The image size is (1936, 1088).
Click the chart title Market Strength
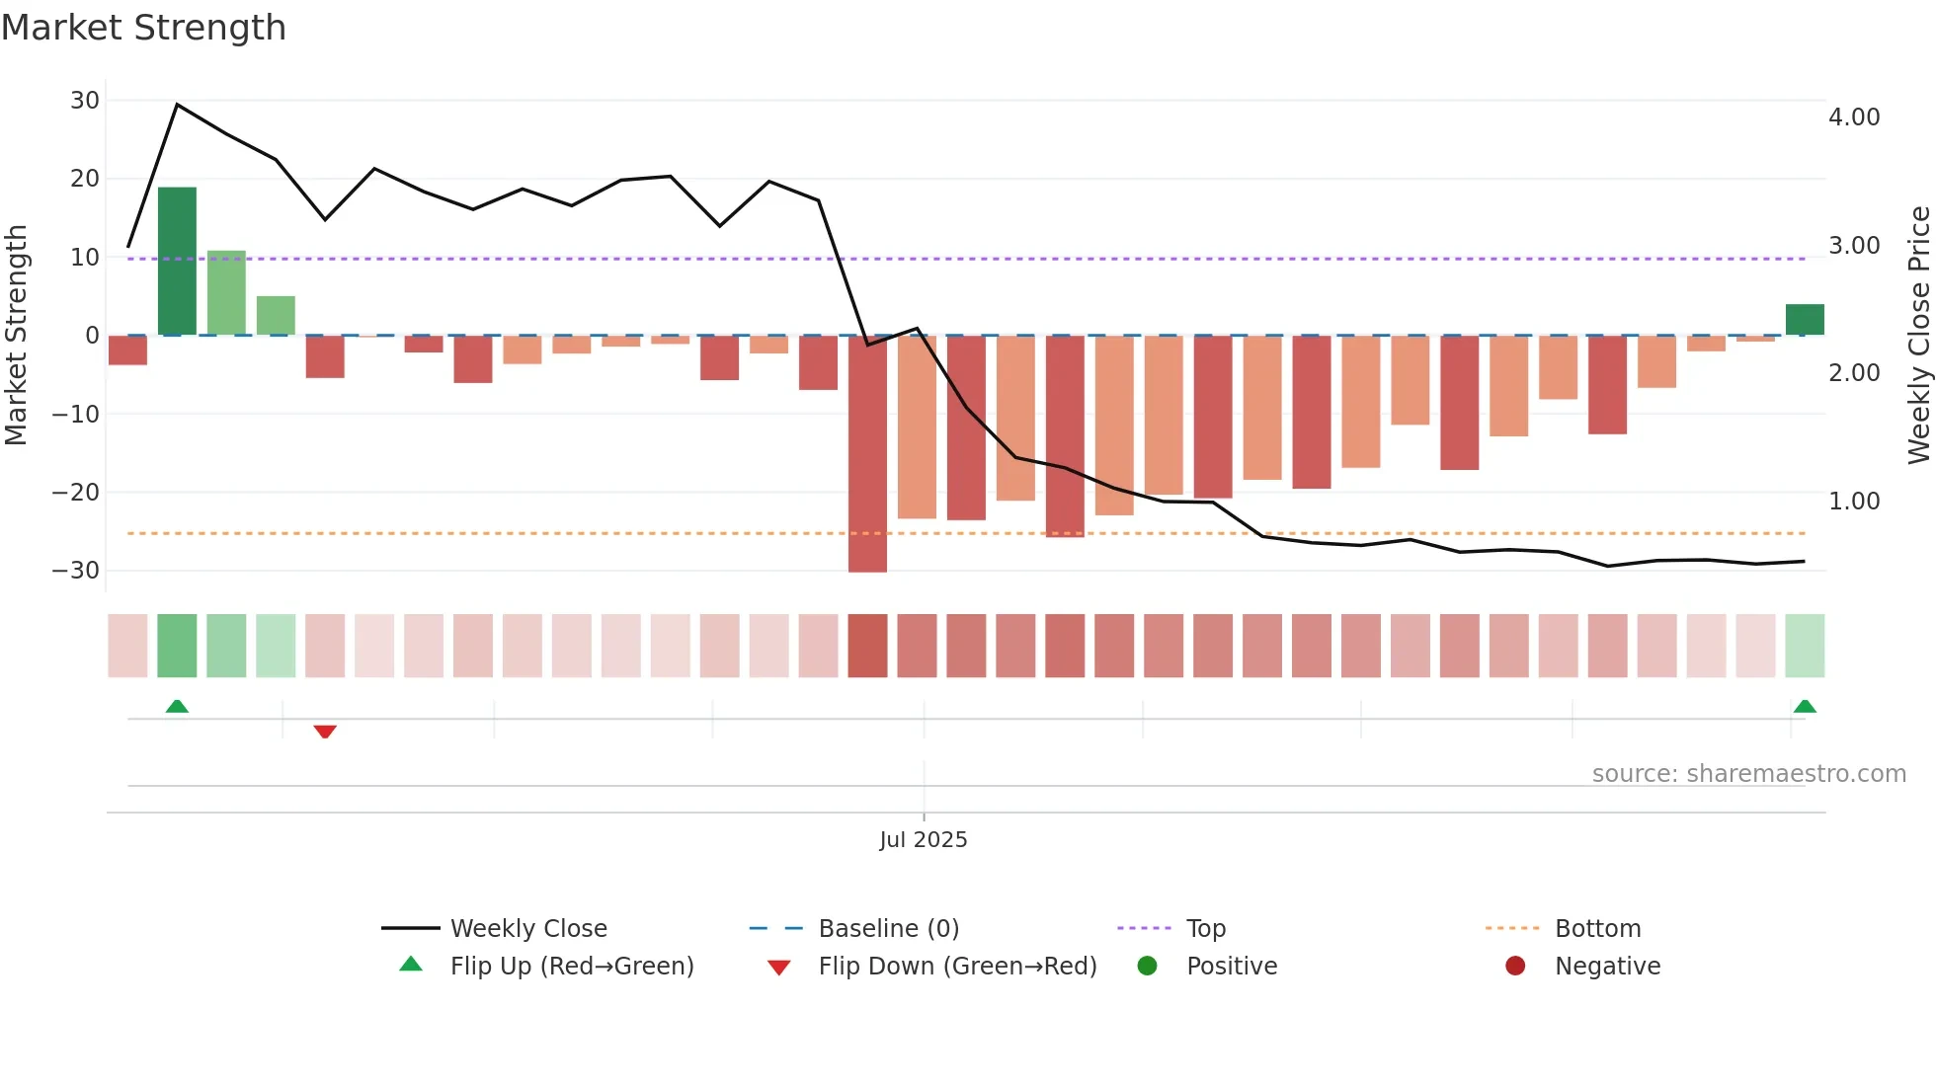143,28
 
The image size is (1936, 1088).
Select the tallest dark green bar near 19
177,261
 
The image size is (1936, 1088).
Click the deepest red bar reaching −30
867,454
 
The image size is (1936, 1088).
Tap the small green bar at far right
1805,320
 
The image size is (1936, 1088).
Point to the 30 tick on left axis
85,101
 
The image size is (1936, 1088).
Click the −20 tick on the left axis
76,492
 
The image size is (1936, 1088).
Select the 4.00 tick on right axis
1854,117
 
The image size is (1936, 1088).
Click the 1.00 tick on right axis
1854,502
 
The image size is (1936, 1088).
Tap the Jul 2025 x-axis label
924,840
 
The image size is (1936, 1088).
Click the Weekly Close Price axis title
1918,335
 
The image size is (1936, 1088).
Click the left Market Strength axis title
16,335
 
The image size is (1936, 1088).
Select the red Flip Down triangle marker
325,732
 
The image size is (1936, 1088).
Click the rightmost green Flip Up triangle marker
1805,707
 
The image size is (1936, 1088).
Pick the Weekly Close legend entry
527,929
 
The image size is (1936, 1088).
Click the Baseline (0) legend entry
888,929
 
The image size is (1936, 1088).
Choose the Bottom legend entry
1597,929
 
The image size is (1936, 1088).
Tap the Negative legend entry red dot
1515,967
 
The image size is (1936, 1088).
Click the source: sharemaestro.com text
1748,774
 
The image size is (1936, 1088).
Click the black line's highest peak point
177,105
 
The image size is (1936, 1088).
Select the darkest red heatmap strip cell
867,646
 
